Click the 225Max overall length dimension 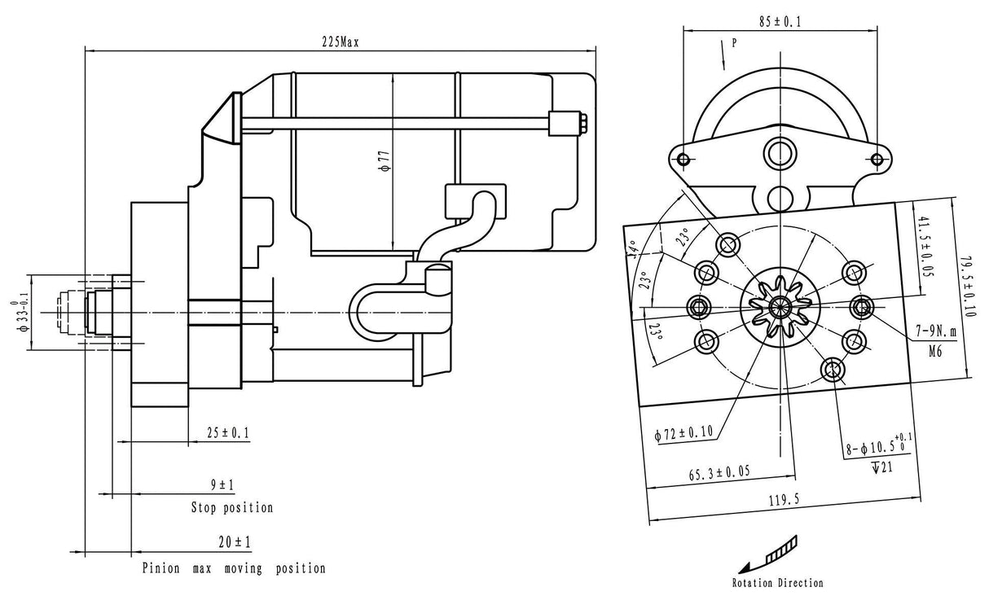(340, 43)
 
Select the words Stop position (232, 508)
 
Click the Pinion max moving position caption (234, 568)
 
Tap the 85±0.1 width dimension (780, 23)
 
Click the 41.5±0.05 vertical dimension (923, 248)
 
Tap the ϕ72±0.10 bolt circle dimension (684, 434)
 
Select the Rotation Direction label (777, 582)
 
